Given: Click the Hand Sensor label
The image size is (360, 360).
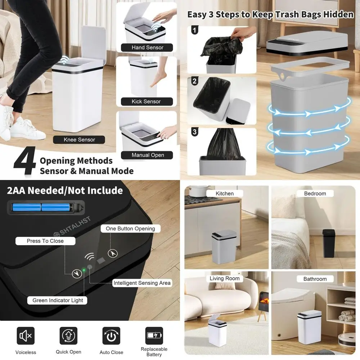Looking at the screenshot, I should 147,48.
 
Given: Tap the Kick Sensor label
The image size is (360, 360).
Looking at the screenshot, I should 146,102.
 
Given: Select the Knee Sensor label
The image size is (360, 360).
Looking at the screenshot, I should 79,140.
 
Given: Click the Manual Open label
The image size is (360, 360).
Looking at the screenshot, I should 147,155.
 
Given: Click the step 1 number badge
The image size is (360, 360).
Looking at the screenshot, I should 195,30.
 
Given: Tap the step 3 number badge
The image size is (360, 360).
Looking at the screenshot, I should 195,132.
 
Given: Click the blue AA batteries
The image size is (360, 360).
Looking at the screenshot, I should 41,207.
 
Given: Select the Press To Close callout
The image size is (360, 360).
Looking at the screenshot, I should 45,241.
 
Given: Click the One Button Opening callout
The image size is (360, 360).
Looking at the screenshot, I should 130,229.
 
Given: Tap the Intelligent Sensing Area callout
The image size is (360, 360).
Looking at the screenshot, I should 142,283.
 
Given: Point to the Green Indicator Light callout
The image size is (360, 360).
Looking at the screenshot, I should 58,300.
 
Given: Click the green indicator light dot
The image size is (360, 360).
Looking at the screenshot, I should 84,270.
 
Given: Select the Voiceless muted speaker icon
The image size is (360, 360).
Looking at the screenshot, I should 26,336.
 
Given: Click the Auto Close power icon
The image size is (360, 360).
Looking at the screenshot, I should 111,336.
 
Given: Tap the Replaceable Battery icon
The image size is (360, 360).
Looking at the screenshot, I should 154,336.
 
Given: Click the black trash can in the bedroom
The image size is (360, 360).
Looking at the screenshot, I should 328,243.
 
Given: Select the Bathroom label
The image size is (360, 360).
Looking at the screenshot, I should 315,279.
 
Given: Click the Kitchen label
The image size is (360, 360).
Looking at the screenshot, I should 225,194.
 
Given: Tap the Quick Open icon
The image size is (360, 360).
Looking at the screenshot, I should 68,336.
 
